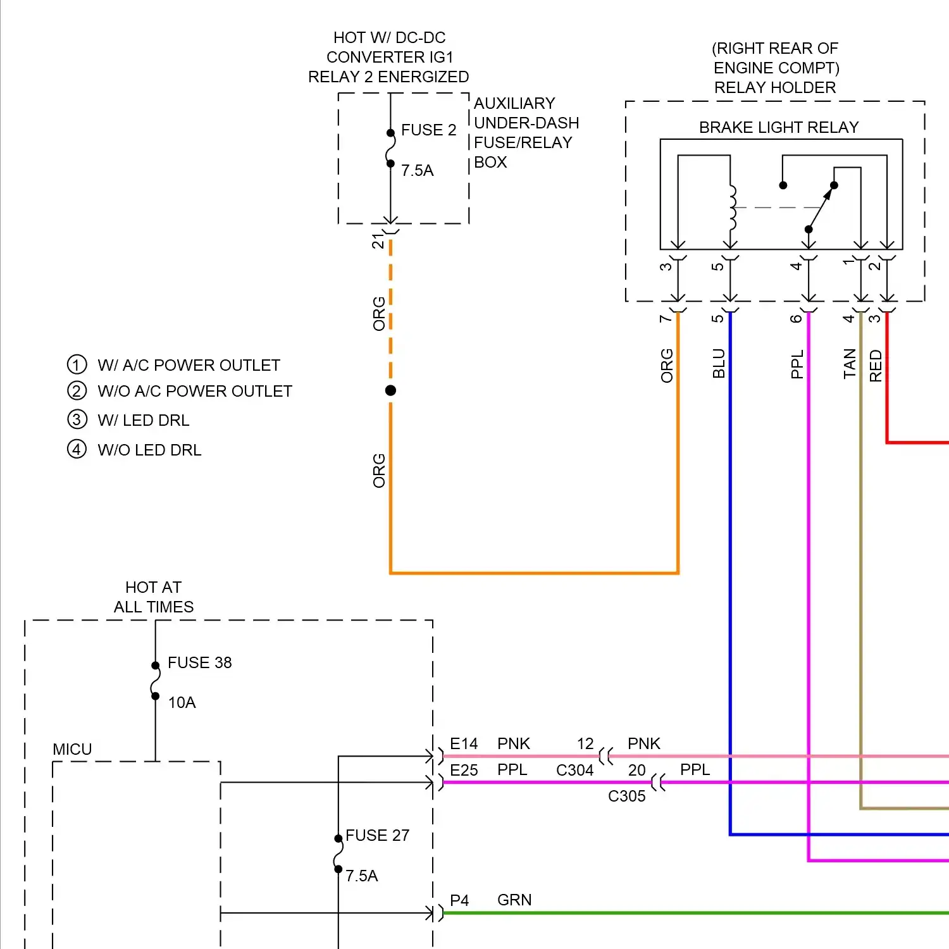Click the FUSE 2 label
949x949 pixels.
coord(428,130)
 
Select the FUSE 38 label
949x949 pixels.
coord(199,662)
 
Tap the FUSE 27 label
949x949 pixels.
coord(377,835)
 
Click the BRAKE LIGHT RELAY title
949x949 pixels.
coord(778,127)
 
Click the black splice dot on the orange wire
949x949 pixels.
coord(390,390)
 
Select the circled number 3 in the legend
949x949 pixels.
coord(77,419)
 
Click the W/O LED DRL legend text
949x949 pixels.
coord(149,450)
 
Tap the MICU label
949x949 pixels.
coord(72,749)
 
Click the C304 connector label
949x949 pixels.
coord(574,770)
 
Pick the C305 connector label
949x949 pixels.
coord(626,796)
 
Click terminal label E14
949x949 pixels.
coord(463,743)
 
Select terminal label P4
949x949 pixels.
coord(459,900)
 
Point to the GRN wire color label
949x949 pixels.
coord(514,900)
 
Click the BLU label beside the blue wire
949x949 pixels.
coord(719,363)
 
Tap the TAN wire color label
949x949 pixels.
coord(850,363)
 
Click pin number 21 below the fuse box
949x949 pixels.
coord(378,241)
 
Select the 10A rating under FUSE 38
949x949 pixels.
coord(182,702)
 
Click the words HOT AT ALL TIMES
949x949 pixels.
coord(153,597)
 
